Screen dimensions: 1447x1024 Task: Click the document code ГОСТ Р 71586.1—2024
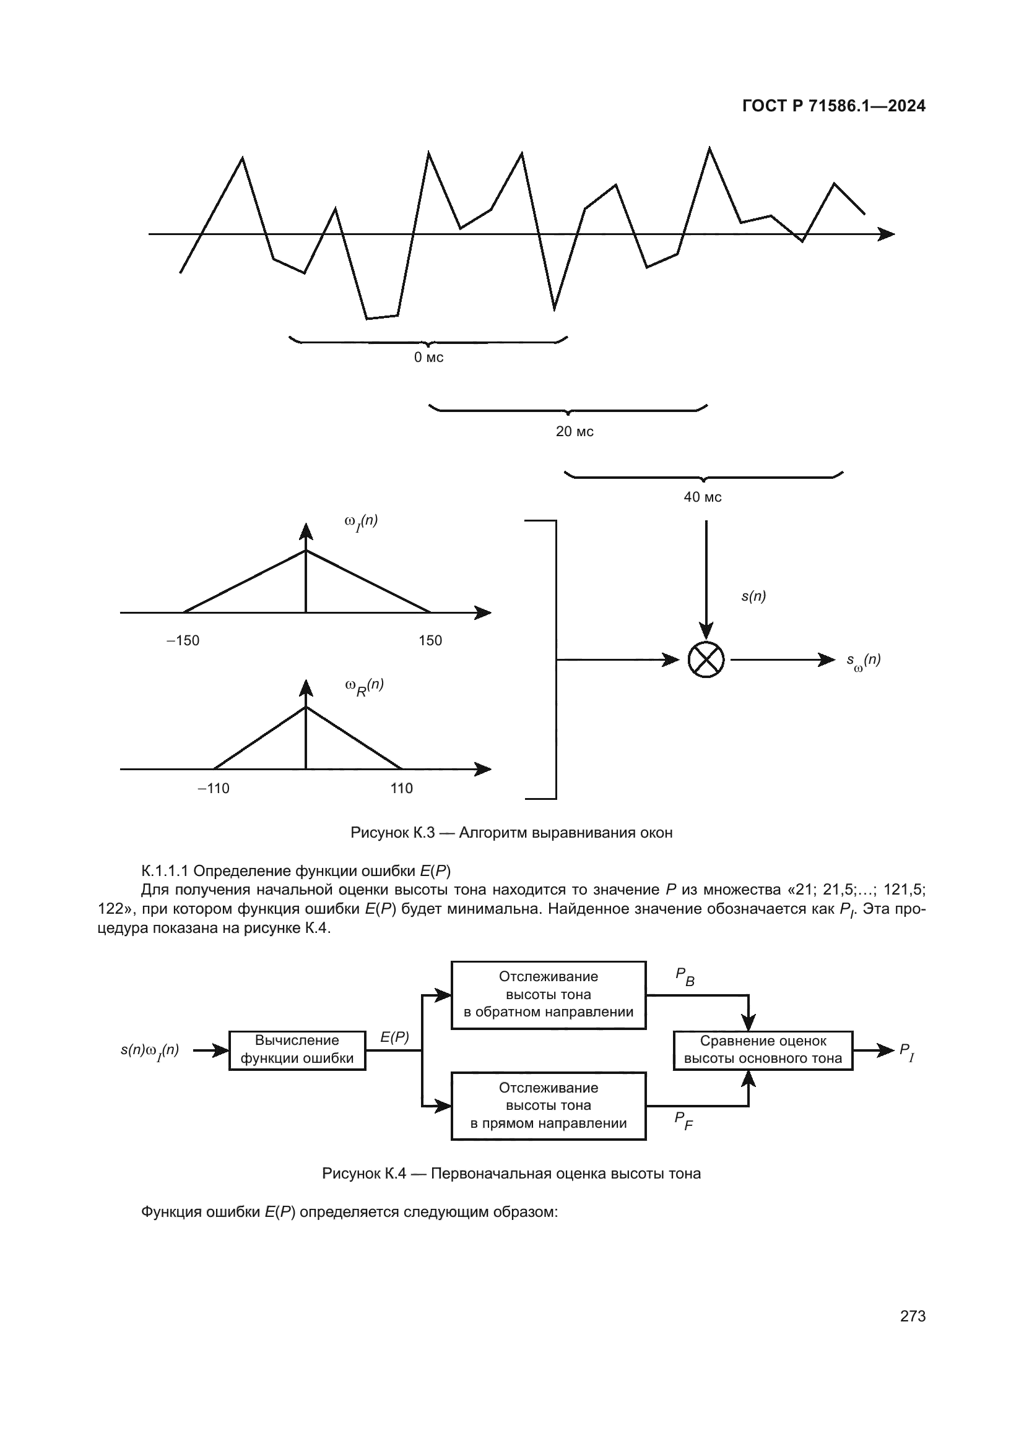[x=833, y=106]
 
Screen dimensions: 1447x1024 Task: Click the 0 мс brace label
[x=429, y=358]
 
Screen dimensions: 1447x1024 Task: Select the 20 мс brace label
[x=575, y=432]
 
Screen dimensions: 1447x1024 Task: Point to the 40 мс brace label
[x=703, y=497]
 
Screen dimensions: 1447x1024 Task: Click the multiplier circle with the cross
[x=706, y=660]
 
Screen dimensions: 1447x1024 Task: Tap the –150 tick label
[x=183, y=640]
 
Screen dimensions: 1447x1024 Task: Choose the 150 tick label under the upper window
[x=430, y=640]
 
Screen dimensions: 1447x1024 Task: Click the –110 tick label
[x=214, y=788]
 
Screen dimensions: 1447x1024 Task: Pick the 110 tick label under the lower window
[x=402, y=788]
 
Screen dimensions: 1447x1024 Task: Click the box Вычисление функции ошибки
[x=297, y=1050]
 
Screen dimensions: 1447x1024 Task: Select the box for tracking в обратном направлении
[x=549, y=995]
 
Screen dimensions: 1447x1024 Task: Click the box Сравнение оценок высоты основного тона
[x=763, y=1050]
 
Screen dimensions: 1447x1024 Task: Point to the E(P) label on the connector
[x=395, y=1037]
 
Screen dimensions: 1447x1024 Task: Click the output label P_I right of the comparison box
[x=906, y=1051]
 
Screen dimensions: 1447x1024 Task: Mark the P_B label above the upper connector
[x=685, y=976]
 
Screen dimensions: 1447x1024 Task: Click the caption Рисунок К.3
[x=511, y=833]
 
